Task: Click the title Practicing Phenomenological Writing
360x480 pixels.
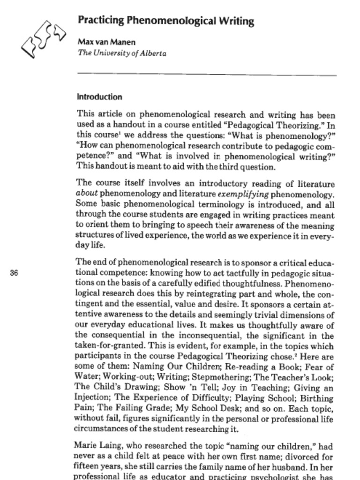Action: point(165,21)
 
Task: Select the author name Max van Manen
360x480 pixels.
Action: point(106,42)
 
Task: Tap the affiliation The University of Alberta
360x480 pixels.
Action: point(122,53)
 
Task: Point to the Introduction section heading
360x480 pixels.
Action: point(99,97)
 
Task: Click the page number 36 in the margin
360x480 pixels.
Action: point(14,273)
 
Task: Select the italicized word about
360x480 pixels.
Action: point(86,193)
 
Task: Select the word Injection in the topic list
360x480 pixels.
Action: point(92,397)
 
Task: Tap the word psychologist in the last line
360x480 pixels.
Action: point(273,477)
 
